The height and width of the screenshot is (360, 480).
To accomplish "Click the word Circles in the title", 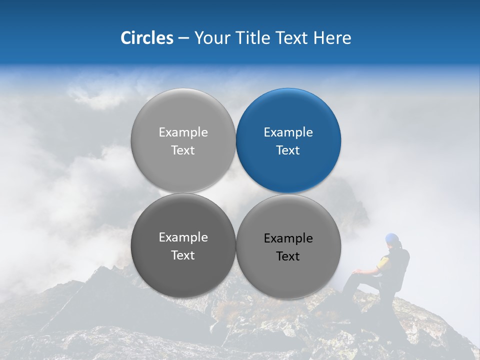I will (x=146, y=38).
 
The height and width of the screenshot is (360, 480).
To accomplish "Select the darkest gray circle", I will (x=183, y=246).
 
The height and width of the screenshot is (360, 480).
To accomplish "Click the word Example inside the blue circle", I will (x=288, y=132).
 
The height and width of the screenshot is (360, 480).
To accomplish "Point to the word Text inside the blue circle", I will (x=288, y=150).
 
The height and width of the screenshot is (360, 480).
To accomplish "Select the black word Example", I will (x=288, y=238).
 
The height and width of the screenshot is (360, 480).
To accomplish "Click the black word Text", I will (x=288, y=256).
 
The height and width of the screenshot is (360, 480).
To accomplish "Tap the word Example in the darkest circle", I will (x=183, y=237).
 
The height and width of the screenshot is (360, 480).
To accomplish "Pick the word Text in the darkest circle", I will (x=183, y=255).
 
